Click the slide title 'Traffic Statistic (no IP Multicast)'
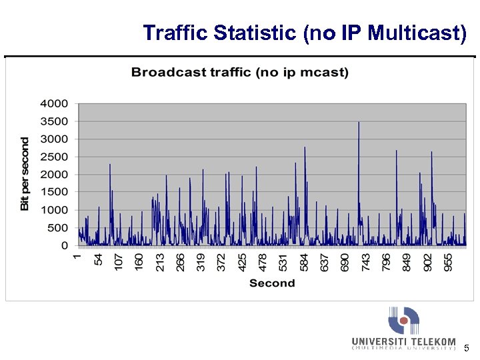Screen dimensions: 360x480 pyautogui.click(x=305, y=33)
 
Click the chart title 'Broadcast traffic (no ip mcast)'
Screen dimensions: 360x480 pyautogui.click(x=240, y=72)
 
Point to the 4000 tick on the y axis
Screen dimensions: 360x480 pyautogui.click(x=54, y=103)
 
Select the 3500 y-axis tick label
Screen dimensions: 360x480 pyautogui.click(x=54, y=121)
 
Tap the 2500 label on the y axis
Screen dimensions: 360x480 pyautogui.click(x=54, y=157)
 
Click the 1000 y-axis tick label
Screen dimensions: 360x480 pyautogui.click(x=54, y=210)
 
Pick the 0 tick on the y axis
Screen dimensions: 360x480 pyautogui.click(x=64, y=246)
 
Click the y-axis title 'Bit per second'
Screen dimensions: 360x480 pyautogui.click(x=25, y=174)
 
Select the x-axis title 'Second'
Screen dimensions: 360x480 pyautogui.click(x=272, y=283)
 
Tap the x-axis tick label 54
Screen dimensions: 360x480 pyautogui.click(x=99, y=258)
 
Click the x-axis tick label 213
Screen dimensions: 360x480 pyautogui.click(x=160, y=261)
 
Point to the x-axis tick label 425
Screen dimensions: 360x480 pyautogui.click(x=242, y=261)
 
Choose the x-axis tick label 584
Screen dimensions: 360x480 pyautogui.click(x=304, y=261)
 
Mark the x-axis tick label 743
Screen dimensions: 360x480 pyautogui.click(x=365, y=261)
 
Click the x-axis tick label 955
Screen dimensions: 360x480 pyautogui.click(x=447, y=261)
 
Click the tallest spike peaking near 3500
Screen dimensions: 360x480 pyautogui.click(x=359, y=123)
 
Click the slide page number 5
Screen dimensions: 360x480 pyautogui.click(x=467, y=347)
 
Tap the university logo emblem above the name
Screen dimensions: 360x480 pyautogui.click(x=404, y=321)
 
